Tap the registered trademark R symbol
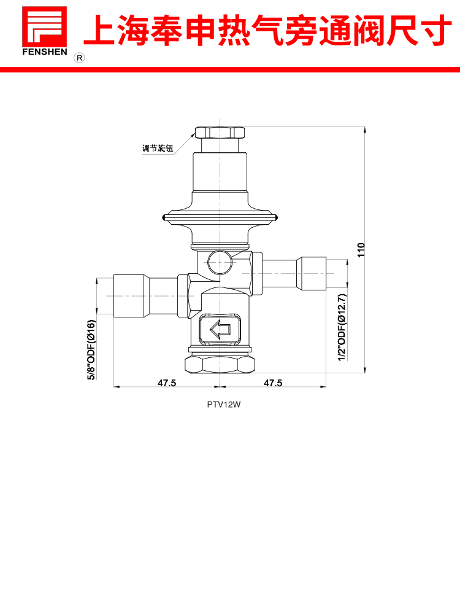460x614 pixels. (79, 58)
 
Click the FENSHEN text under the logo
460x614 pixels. (44, 52)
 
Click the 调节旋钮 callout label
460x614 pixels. (158, 149)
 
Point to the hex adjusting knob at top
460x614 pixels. (220, 132)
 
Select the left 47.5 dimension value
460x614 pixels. (167, 383)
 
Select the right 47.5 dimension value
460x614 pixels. (273, 383)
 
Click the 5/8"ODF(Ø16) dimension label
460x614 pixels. (91, 350)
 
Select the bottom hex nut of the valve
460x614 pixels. (220, 365)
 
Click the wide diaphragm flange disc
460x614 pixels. (220, 216)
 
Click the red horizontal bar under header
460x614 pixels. (230, 70)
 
